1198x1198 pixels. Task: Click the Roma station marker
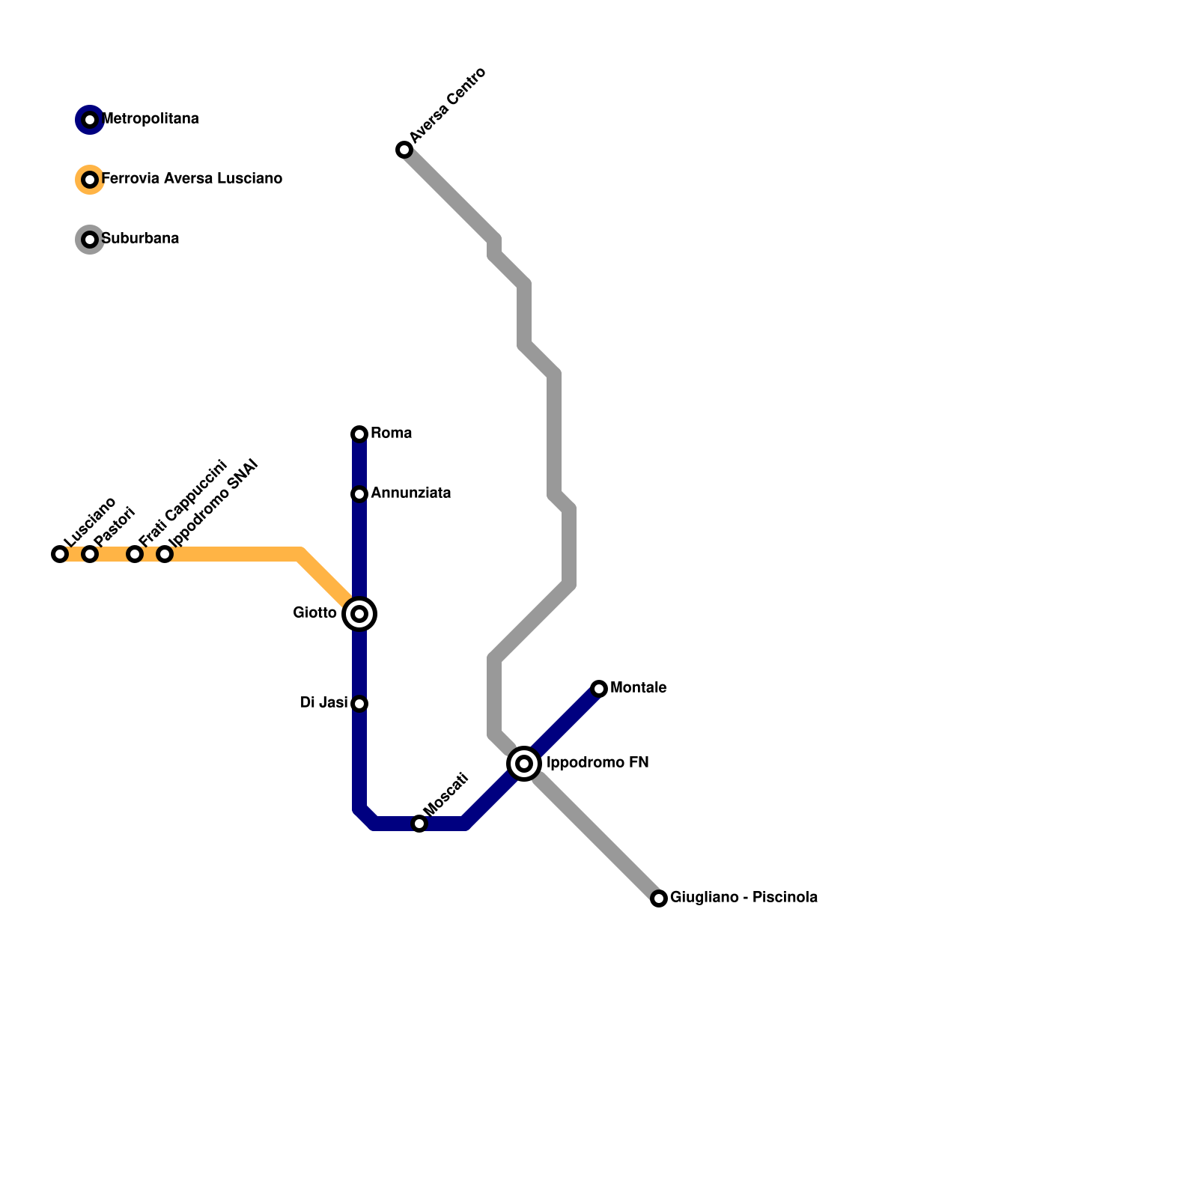[x=359, y=434]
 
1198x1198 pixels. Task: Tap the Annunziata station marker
[x=359, y=494]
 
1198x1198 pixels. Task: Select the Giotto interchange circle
[x=359, y=614]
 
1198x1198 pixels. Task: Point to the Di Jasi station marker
[x=359, y=704]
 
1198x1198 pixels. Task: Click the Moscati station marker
[x=419, y=824]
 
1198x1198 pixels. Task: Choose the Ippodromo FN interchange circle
[x=524, y=764]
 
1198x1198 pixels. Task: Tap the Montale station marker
[x=599, y=689]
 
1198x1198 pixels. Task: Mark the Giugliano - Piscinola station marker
[x=659, y=898]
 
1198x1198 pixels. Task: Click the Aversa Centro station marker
[x=404, y=150]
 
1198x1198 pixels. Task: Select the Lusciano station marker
[x=60, y=554]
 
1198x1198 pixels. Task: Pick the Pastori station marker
[x=90, y=554]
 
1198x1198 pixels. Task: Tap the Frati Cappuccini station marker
[x=135, y=554]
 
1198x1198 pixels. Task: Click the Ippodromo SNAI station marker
[x=165, y=554]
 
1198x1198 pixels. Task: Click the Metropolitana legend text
[x=150, y=119]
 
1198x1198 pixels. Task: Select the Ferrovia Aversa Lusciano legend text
[x=192, y=179]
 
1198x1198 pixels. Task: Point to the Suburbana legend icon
[x=90, y=240]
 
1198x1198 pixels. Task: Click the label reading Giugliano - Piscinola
[x=744, y=898]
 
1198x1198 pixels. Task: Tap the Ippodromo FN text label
[x=598, y=763]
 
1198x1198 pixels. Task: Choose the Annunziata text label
[x=410, y=493]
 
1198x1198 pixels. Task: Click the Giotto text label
[x=315, y=613]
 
